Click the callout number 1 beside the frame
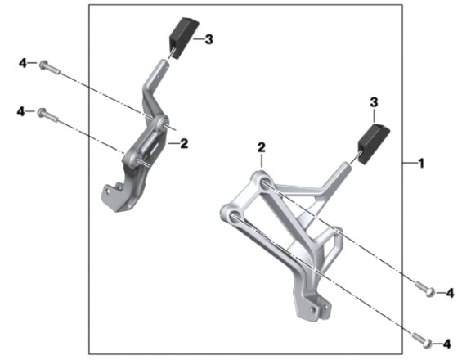[x=421, y=164]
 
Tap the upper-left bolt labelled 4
[x=50, y=67]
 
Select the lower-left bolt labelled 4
[x=48, y=115]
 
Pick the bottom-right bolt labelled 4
[x=422, y=340]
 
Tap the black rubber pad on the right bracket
[x=374, y=143]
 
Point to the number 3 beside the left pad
[x=209, y=39]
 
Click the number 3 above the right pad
[x=374, y=102]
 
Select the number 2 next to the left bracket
[x=184, y=143]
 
